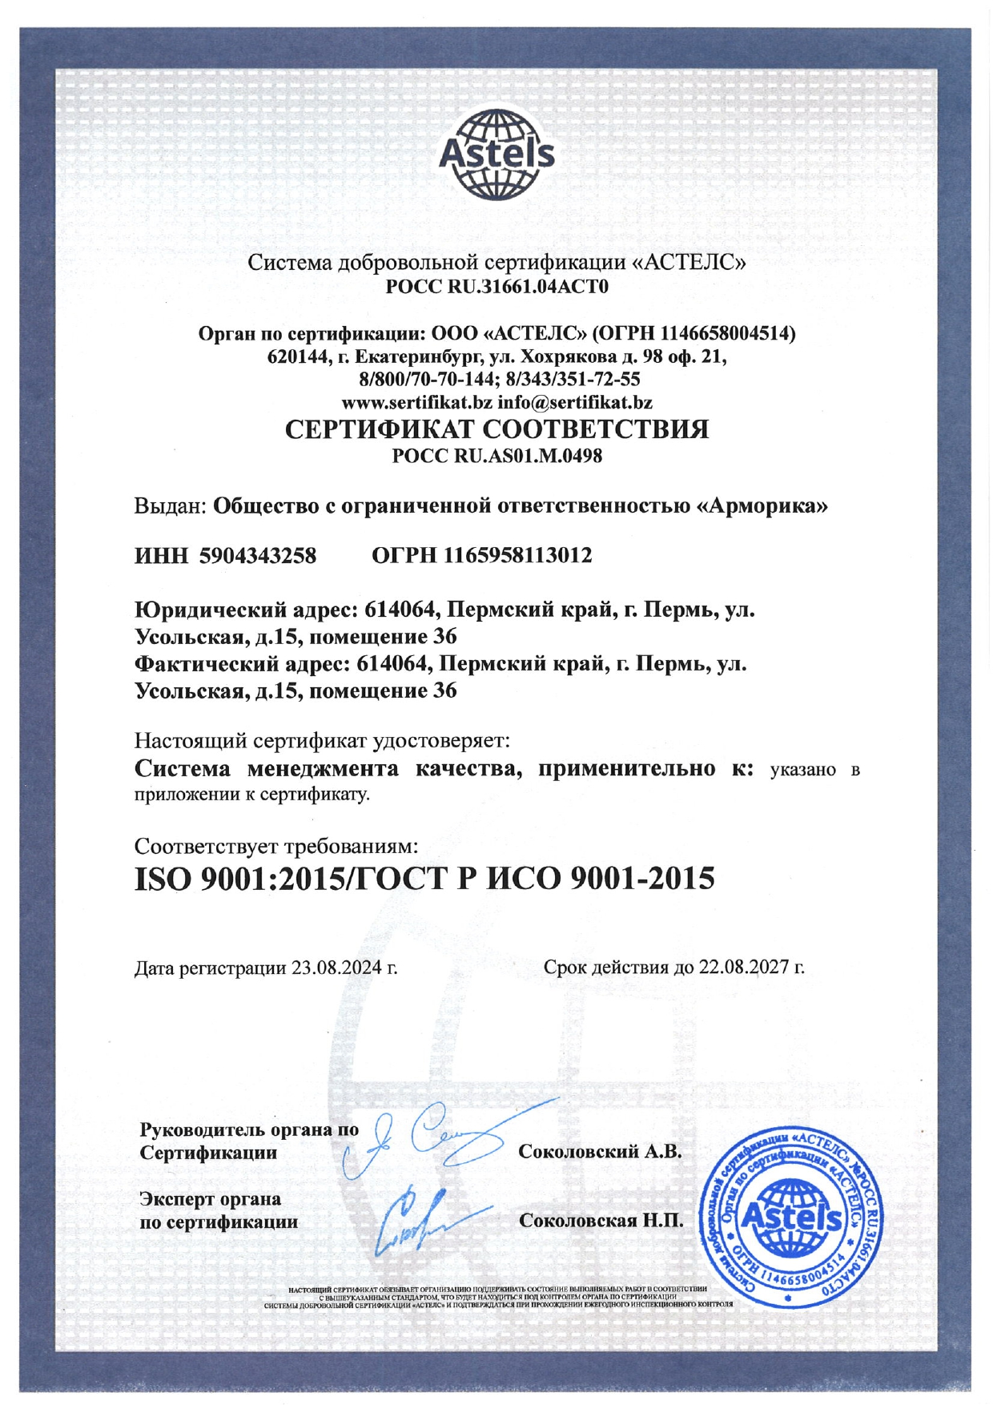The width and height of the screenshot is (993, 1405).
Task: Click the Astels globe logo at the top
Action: [496, 155]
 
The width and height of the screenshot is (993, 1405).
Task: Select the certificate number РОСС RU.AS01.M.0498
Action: [496, 457]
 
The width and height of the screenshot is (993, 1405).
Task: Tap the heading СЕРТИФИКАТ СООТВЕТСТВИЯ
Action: [496, 429]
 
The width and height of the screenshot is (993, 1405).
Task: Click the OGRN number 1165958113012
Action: [517, 555]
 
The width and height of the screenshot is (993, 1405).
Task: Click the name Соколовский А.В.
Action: [600, 1152]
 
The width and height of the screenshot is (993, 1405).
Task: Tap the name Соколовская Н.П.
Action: [601, 1221]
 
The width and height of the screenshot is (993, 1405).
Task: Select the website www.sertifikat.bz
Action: [416, 401]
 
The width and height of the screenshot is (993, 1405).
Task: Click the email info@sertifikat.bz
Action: [575, 401]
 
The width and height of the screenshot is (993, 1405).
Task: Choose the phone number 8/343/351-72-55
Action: [574, 379]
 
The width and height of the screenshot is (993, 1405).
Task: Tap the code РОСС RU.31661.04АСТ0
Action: [496, 286]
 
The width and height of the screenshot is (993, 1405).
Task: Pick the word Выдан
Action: [169, 506]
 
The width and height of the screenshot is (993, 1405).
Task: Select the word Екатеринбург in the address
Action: [418, 356]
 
